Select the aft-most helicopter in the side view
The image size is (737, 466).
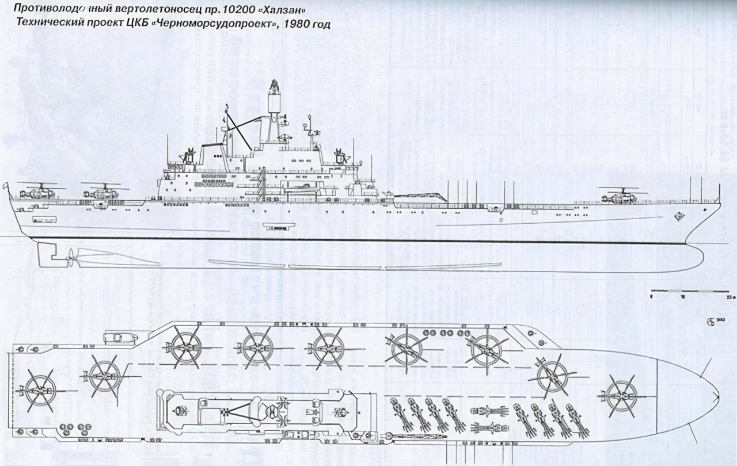click(36, 192)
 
